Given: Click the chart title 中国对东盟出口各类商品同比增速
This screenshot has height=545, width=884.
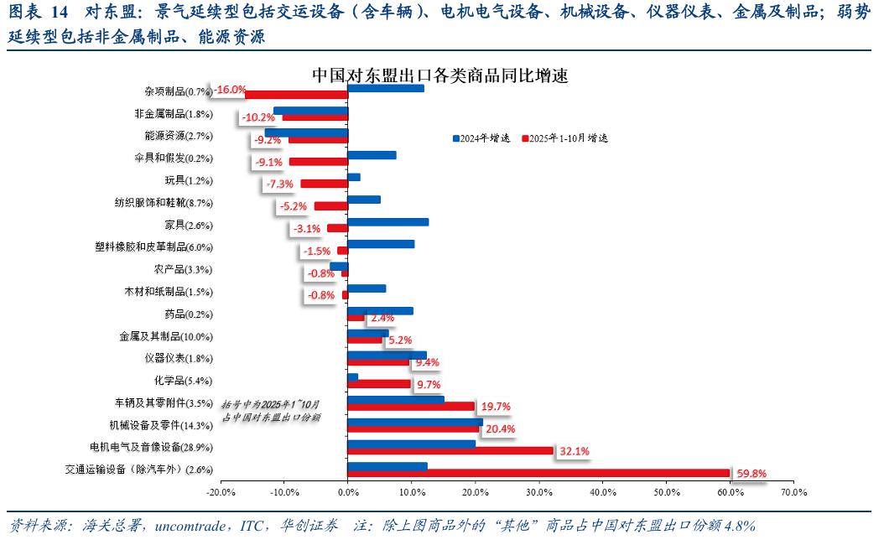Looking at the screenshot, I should [440, 75].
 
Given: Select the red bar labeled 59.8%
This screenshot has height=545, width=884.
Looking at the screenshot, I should [538, 473].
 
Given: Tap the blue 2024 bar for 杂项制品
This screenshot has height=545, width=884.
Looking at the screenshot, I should [386, 88].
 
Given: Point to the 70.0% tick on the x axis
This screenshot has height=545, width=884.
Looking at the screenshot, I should [793, 492].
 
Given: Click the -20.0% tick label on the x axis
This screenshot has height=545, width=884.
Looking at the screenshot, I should [221, 492].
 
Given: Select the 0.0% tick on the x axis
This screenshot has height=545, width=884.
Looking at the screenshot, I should [347, 492].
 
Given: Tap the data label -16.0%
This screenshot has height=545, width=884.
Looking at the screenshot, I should [230, 90].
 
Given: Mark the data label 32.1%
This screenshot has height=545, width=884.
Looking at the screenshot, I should [575, 451].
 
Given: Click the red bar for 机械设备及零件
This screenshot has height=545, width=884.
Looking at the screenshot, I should [413, 428].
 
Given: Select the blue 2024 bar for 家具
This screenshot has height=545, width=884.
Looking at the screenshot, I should [388, 222].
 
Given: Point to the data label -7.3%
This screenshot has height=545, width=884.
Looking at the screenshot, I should [279, 184].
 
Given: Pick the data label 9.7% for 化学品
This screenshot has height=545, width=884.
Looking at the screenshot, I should [428, 384].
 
